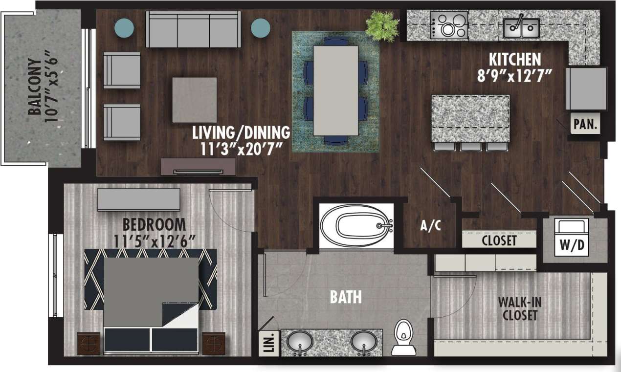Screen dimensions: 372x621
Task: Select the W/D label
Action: pos(571,244)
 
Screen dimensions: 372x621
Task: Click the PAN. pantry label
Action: pos(586,124)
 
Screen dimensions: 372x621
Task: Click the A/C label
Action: pos(431,226)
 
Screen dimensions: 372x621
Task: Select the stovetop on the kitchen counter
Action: pos(448,25)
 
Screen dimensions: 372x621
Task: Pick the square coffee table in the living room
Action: pos(194,100)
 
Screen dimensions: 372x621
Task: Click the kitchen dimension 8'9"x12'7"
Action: pos(515,76)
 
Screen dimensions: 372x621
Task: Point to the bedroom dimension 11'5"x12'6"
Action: pos(154,241)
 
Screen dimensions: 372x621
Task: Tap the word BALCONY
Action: pos(35,87)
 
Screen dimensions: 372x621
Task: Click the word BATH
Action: pos(346,296)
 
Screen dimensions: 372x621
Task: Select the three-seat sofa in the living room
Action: pos(194,29)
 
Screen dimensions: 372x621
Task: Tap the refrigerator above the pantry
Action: pos(586,88)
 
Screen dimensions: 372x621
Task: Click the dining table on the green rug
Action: pos(335,90)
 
